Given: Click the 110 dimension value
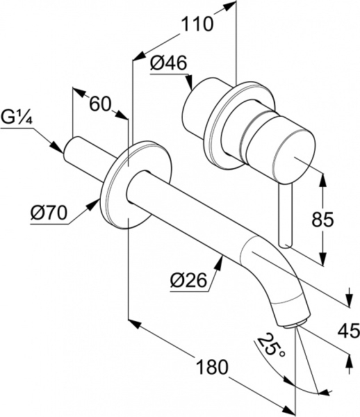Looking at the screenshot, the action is point(197,24).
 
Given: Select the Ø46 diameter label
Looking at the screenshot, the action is point(169,63).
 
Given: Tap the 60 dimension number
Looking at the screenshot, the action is point(99,104).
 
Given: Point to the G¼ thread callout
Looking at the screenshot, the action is point(17,118).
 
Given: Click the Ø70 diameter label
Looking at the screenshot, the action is point(49,213).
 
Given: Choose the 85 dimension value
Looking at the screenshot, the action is point(322,220).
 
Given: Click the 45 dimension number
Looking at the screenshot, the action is point(349,332).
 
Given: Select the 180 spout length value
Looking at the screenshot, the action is point(212,367).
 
